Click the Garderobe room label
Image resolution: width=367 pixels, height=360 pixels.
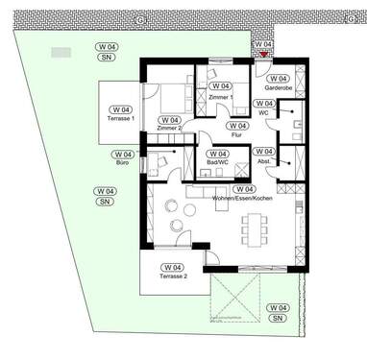278,87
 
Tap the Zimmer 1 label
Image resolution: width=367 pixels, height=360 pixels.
220,97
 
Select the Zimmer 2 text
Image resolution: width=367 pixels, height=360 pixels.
169,129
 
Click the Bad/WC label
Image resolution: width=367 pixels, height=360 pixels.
217,164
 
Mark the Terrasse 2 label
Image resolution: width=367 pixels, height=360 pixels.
173,276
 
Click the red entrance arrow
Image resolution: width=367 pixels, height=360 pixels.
264,55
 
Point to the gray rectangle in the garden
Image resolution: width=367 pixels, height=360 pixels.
61,53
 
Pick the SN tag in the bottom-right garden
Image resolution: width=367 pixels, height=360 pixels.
277,317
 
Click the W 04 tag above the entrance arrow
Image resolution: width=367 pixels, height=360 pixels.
262,45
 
